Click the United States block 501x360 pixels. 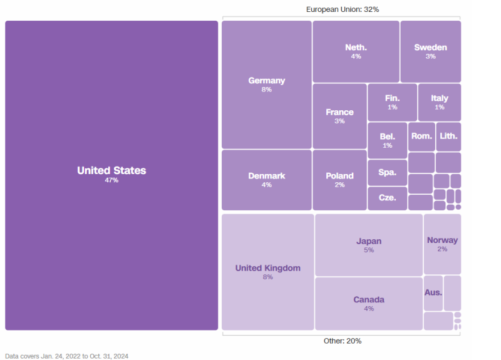click(111, 175)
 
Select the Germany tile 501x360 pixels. click(267, 85)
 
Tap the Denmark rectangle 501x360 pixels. click(267, 180)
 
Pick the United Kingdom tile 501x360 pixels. click(268, 272)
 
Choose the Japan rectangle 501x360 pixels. click(369, 245)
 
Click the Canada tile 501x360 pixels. click(369, 303)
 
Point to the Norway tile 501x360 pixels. click(442, 244)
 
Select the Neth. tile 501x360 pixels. click(356, 51)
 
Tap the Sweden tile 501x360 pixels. click(430, 51)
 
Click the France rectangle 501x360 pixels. click(339, 116)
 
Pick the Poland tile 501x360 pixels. click(339, 180)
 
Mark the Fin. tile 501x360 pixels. click(392, 102)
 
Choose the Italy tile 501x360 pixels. click(439, 102)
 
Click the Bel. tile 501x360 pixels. click(387, 140)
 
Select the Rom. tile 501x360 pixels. click(421, 136)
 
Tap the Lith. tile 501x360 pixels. click(448, 136)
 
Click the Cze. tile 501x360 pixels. click(387, 198)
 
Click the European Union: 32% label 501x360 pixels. click(342, 9)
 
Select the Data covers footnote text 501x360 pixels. click(67, 356)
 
